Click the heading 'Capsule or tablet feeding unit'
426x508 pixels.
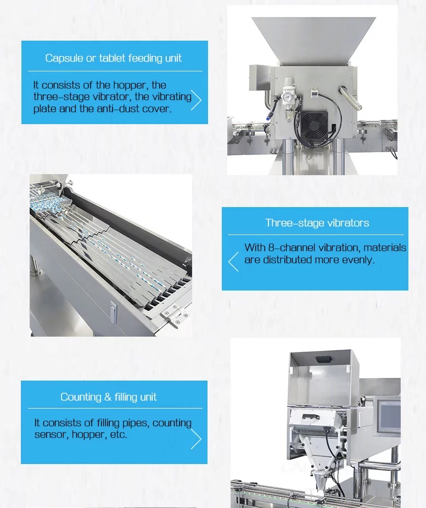tap(113, 58)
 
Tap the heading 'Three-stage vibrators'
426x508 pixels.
tap(317, 223)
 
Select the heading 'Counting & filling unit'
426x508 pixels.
tap(109, 397)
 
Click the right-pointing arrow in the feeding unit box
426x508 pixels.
tap(196, 100)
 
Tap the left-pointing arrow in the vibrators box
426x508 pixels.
tap(233, 261)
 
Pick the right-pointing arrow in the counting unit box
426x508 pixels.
tap(196, 439)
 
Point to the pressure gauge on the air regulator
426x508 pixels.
tap(287, 97)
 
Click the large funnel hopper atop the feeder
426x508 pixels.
tap(313, 40)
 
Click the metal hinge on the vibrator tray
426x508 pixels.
tap(175, 314)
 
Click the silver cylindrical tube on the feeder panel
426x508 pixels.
tap(350, 98)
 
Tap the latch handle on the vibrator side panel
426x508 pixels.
tap(114, 312)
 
